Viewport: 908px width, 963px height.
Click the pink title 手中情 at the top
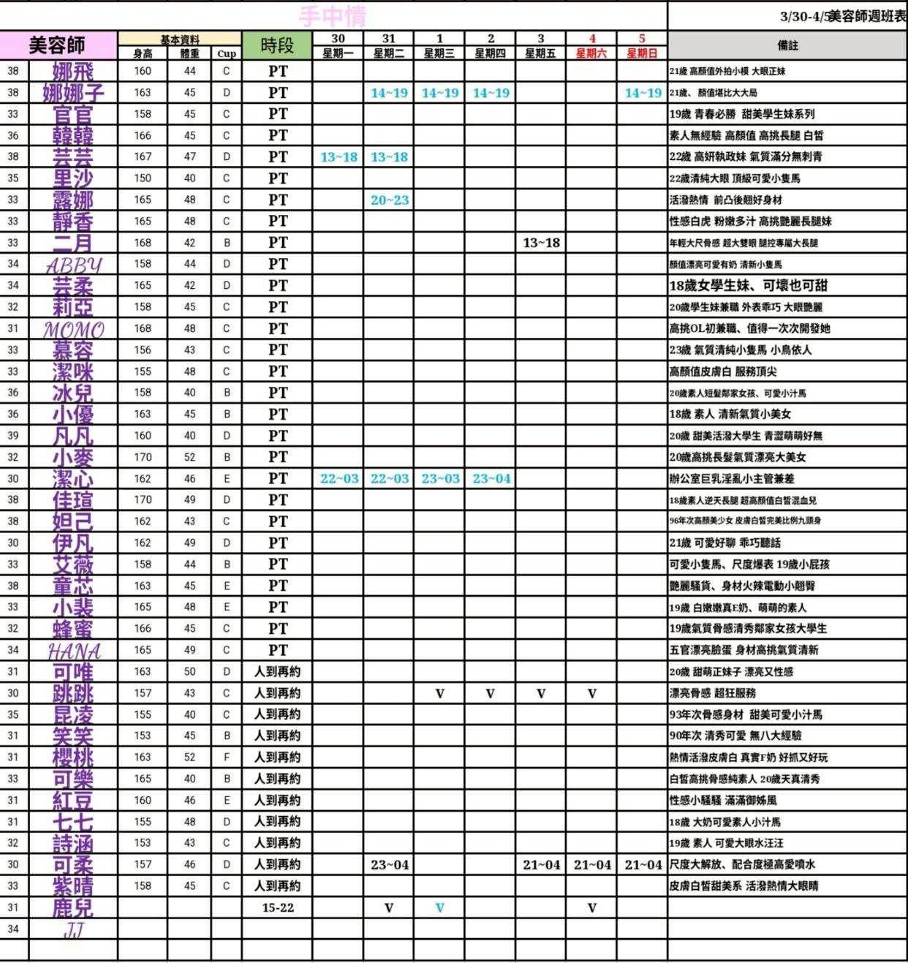click(x=333, y=15)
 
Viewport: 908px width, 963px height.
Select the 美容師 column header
click(x=57, y=45)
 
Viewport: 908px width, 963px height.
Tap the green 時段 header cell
click(x=277, y=45)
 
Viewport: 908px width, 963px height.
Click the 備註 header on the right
click(x=787, y=45)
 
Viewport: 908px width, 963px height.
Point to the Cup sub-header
click(x=227, y=53)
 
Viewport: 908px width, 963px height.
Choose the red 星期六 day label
click(x=591, y=53)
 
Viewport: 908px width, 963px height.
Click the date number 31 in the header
click(x=389, y=39)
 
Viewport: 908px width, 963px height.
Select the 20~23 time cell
click(x=389, y=200)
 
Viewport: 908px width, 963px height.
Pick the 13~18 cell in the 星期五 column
click(x=541, y=243)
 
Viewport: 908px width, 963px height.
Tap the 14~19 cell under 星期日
click(x=643, y=93)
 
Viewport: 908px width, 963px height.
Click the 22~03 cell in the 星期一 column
click(x=339, y=478)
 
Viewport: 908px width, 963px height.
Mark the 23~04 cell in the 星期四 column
click(x=491, y=478)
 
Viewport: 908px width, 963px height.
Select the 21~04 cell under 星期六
click(x=591, y=865)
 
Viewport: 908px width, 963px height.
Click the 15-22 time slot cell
click(x=277, y=907)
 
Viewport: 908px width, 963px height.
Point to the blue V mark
click(x=439, y=907)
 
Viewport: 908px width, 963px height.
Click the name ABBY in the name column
click(x=73, y=264)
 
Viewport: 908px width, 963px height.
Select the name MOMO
click(x=73, y=329)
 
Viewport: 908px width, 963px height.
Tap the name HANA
click(x=73, y=650)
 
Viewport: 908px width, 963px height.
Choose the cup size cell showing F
click(x=227, y=758)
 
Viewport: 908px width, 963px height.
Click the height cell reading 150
click(x=143, y=178)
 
